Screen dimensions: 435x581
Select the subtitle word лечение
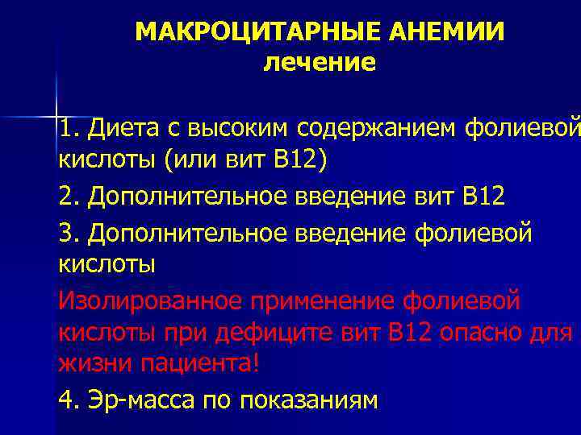(x=320, y=62)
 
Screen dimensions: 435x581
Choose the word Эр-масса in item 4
(x=140, y=400)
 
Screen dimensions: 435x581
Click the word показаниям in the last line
(x=309, y=400)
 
